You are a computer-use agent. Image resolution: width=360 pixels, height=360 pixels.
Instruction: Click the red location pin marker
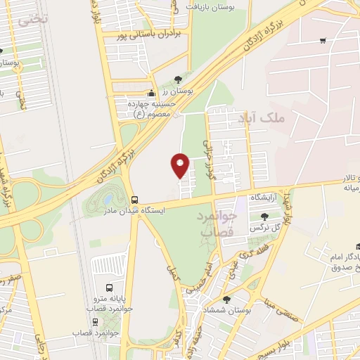[x=181, y=165]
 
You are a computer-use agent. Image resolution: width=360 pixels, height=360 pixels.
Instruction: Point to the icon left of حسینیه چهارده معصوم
[x=150, y=93]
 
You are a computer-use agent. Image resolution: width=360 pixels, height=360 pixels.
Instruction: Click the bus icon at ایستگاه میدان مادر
[x=134, y=199]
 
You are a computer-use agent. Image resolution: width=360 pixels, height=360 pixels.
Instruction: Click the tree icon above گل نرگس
[x=264, y=217]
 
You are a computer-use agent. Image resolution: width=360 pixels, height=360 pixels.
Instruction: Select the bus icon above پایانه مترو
[x=109, y=288]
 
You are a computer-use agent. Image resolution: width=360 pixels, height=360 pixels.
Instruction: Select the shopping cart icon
[x=322, y=40]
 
